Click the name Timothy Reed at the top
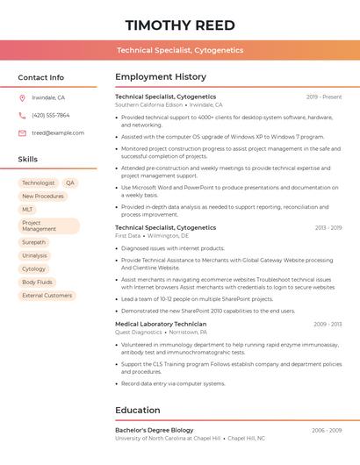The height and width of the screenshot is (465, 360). pos(180,25)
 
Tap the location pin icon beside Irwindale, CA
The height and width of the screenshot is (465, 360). pos(22,98)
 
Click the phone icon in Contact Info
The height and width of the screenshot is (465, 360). pos(22,116)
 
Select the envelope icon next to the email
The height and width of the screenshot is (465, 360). pos(22,133)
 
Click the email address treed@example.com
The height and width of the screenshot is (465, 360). pos(58,133)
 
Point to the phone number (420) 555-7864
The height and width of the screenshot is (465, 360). pos(50,116)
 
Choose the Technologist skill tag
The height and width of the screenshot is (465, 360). pos(39,183)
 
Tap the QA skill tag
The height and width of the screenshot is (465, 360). pos(70,183)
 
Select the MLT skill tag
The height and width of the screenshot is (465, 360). pos(27,210)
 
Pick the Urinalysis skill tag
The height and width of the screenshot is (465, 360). pos(34,255)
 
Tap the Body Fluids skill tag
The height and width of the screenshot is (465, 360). pos(38,283)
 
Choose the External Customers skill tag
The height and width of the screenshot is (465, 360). pos(47,296)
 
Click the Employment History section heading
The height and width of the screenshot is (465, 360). pos(161,77)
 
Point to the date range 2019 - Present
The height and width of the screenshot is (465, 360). pos(324,97)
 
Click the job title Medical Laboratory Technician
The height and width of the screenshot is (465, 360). pos(161,324)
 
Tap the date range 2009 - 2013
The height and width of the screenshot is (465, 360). pos(328,324)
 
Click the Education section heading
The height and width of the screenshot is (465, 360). pos(139,410)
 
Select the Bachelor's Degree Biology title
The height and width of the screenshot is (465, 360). pos(155,430)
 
